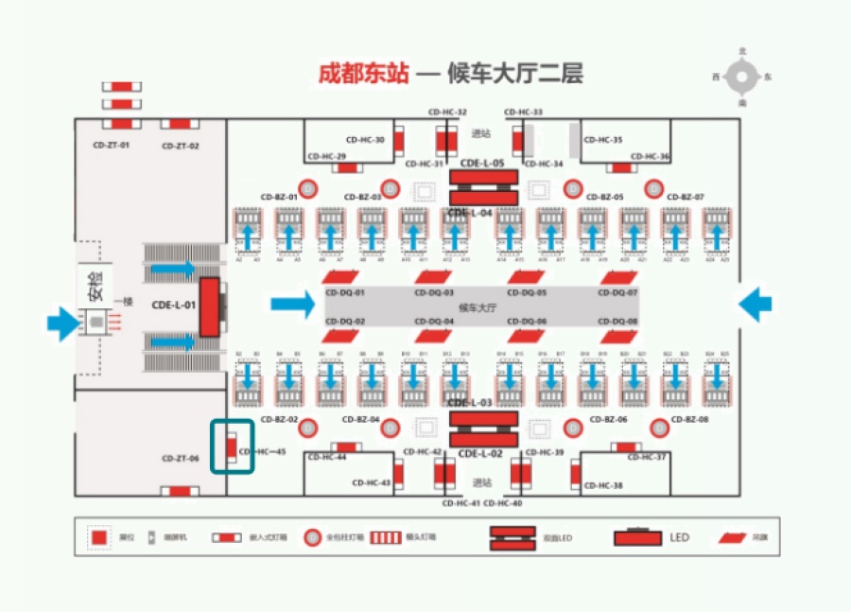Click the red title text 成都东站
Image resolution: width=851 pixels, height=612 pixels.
point(363,73)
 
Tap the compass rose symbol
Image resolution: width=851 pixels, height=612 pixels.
point(743,77)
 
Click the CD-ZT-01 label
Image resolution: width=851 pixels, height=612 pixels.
point(112,146)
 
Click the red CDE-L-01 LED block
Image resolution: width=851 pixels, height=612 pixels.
point(210,307)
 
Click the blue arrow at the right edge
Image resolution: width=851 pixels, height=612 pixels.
point(755,305)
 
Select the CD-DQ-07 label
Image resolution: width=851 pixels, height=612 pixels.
point(617,293)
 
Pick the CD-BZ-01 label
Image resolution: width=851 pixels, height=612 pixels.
point(279,197)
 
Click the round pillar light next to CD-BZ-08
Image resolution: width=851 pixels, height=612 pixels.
point(656,428)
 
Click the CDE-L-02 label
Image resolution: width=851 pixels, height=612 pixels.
point(482,454)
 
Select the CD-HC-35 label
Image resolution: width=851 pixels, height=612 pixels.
point(603,140)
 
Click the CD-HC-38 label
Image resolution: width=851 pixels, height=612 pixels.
point(603,485)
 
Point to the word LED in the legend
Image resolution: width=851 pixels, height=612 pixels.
point(680,537)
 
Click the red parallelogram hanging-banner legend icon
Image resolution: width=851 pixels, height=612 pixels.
point(731,537)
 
